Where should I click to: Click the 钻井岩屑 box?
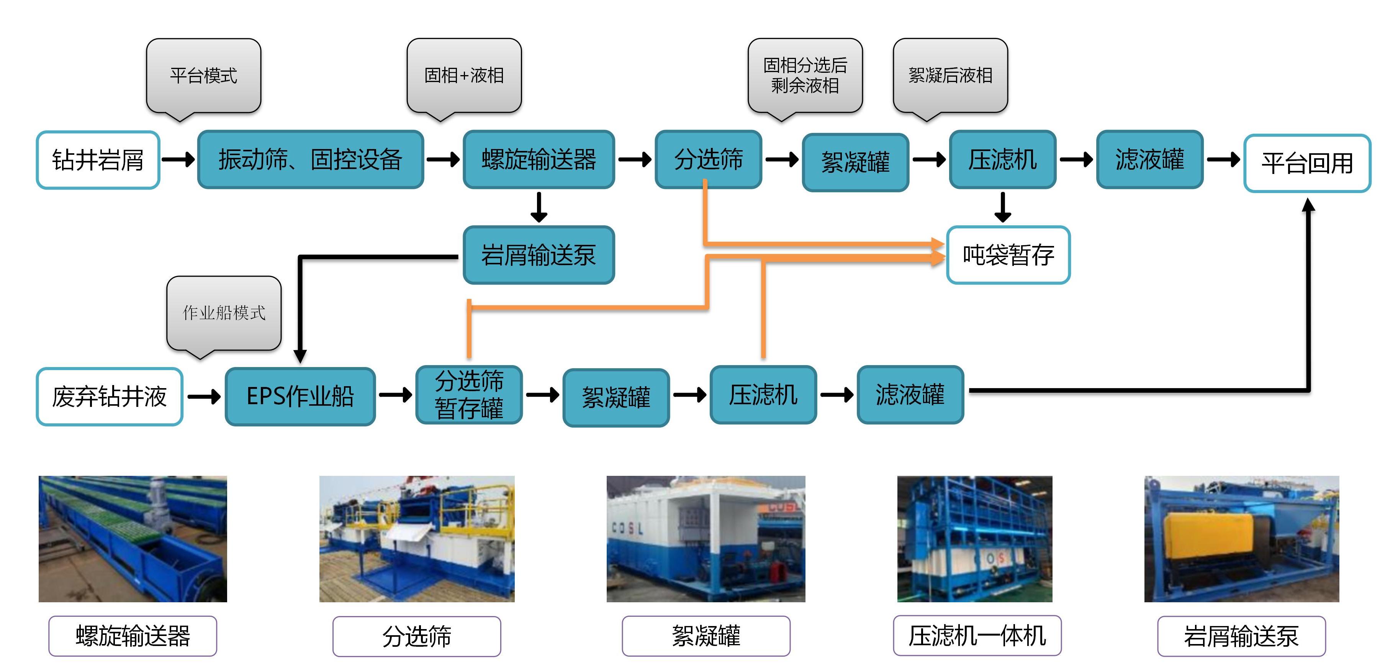pyautogui.click(x=98, y=160)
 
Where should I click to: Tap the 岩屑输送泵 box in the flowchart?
pyautogui.click(x=539, y=255)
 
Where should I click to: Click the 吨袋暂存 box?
pyautogui.click(x=1008, y=255)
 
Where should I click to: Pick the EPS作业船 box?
pyautogui.click(x=300, y=397)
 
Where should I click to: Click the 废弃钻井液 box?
pyautogui.click(x=109, y=397)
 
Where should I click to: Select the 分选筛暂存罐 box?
pyautogui.click(x=469, y=395)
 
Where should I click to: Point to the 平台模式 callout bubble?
pyautogui.click(x=203, y=75)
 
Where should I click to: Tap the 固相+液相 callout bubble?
pyautogui.click(x=464, y=75)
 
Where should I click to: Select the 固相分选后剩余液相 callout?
pyautogui.click(x=805, y=75)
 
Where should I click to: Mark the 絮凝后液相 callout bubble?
pyautogui.click(x=950, y=75)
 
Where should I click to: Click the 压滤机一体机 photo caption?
pyautogui.click(x=977, y=636)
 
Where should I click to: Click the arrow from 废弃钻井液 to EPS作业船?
pyautogui.click(x=204, y=397)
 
